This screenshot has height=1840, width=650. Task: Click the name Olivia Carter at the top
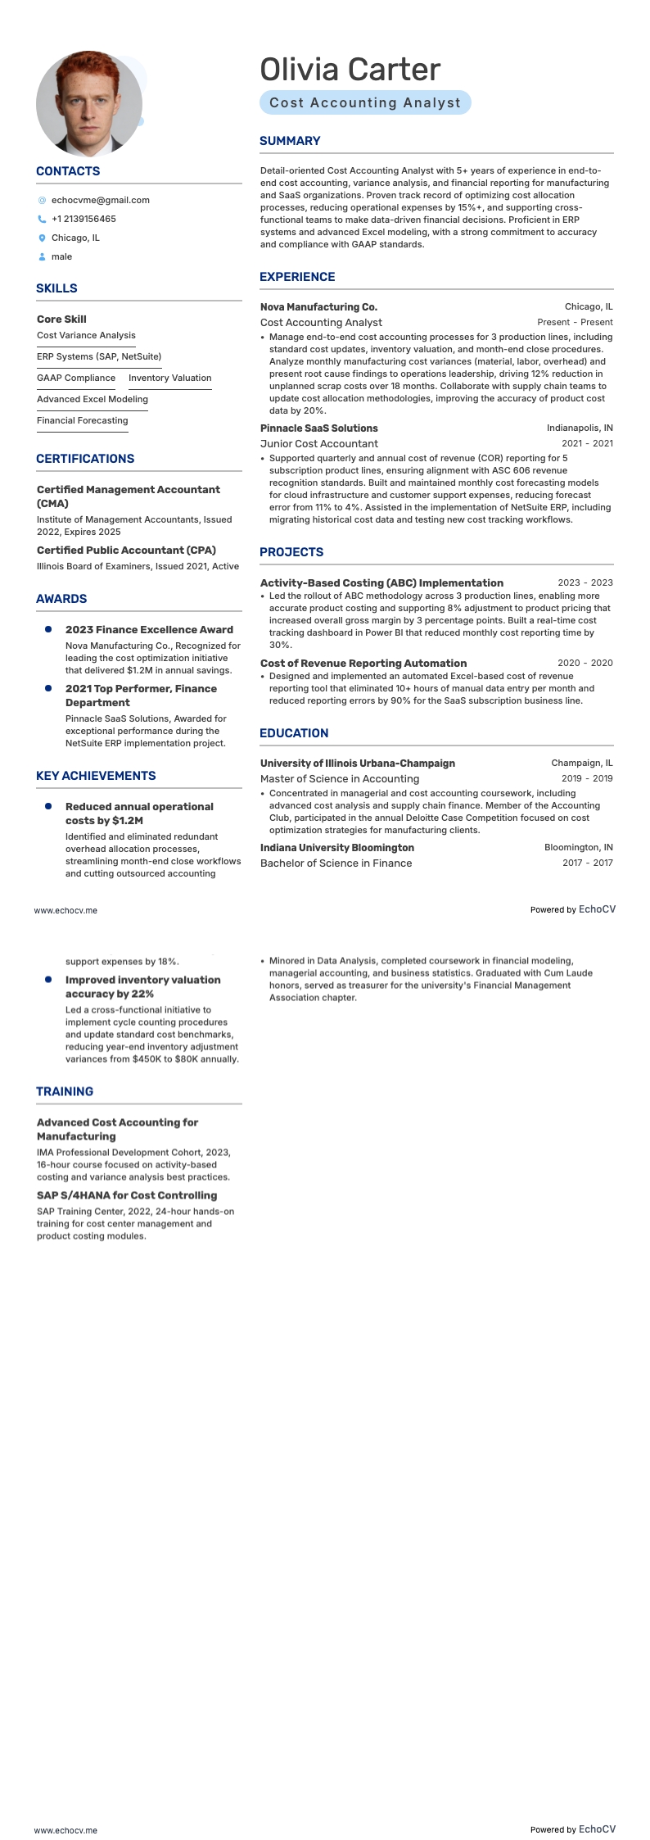(x=350, y=70)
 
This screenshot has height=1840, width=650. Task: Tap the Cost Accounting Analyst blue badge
(x=365, y=102)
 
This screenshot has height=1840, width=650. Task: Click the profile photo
(x=89, y=104)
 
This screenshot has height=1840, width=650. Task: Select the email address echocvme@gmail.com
(x=100, y=200)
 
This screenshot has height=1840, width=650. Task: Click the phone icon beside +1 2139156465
(x=42, y=220)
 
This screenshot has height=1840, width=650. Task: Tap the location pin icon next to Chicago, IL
(x=42, y=238)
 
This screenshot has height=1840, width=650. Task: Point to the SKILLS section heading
(x=56, y=288)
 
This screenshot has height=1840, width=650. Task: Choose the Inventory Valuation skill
(x=169, y=378)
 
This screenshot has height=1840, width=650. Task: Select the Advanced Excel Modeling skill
(x=93, y=399)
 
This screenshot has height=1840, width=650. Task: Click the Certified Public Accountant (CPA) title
(x=126, y=551)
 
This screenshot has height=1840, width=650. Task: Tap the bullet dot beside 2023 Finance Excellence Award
(x=48, y=629)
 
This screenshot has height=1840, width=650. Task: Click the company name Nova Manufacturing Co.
(x=318, y=307)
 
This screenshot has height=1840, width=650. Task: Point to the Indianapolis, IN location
(x=580, y=428)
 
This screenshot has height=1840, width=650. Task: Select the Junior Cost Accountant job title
(x=318, y=444)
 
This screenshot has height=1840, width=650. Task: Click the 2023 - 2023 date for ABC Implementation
(x=585, y=583)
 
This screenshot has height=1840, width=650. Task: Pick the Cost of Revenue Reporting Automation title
(x=363, y=664)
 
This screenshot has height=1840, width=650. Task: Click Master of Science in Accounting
(x=339, y=779)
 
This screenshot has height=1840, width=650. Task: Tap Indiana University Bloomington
(x=336, y=848)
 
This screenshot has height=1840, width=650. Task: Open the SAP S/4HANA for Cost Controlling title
(x=127, y=1195)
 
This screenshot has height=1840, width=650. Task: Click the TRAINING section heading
(x=65, y=1091)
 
